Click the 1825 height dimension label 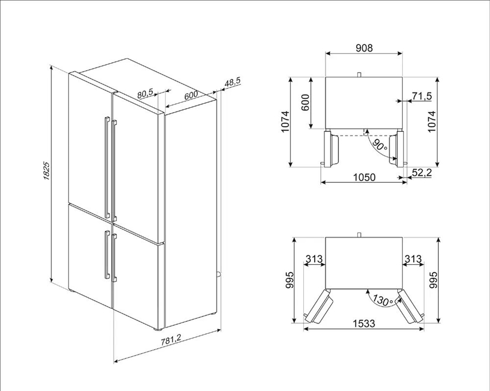(x=46, y=171)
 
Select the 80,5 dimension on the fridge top (x=145, y=93)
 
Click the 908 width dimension (x=364, y=48)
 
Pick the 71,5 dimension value (x=421, y=96)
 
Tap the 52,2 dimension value (x=421, y=172)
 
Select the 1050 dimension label (x=364, y=177)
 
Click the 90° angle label (x=380, y=145)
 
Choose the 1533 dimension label (x=364, y=323)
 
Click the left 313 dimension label (x=314, y=259)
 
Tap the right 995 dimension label (x=433, y=280)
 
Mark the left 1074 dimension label (x=285, y=122)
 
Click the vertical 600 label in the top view (x=305, y=102)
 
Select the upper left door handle (x=107, y=167)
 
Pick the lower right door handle (x=114, y=258)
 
